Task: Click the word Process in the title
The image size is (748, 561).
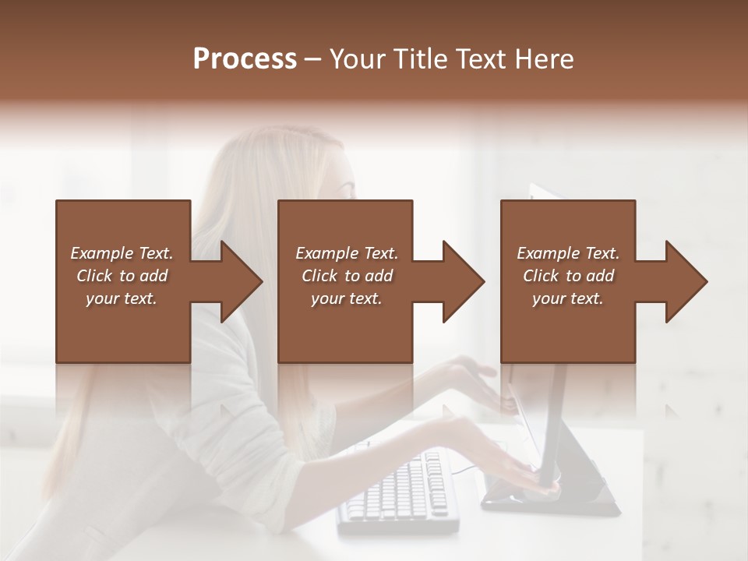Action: pyautogui.click(x=245, y=59)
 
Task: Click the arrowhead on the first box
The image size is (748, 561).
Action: pyautogui.click(x=241, y=281)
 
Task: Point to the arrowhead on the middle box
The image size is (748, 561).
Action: pyautogui.click(x=463, y=281)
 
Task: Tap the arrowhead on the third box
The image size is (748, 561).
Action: pyautogui.click(x=686, y=281)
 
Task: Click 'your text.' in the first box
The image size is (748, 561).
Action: pyautogui.click(x=122, y=298)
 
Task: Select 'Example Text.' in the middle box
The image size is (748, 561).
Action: pyautogui.click(x=347, y=253)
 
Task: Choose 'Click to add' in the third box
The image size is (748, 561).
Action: pyautogui.click(x=569, y=276)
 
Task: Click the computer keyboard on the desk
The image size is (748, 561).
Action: pyautogui.click(x=397, y=491)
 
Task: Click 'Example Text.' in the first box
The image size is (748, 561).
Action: pyautogui.click(x=122, y=253)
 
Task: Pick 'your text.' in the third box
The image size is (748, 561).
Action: pyautogui.click(x=568, y=298)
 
